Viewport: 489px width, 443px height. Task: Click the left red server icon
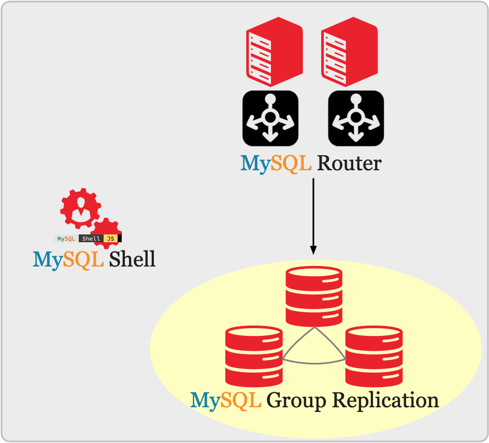[275, 52]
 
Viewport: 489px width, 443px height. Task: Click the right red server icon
[349, 52]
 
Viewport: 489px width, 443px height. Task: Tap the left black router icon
[270, 119]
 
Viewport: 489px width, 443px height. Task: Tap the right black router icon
[356, 119]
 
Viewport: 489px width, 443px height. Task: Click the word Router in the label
[349, 163]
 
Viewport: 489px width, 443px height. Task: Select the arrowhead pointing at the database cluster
[313, 250]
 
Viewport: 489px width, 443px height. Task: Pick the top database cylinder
[314, 297]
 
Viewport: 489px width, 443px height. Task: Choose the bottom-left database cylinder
[254, 356]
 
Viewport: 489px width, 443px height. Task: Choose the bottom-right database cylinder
[374, 356]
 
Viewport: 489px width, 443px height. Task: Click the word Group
[296, 401]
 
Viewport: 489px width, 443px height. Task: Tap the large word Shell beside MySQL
[132, 259]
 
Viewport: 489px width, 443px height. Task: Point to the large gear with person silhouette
[80, 209]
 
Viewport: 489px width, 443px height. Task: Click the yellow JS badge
[111, 239]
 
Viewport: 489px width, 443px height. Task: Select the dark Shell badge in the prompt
[91, 239]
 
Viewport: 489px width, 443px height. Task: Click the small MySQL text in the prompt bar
[66, 239]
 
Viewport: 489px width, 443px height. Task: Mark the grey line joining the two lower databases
[314, 363]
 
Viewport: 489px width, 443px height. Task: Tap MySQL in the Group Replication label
[226, 401]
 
